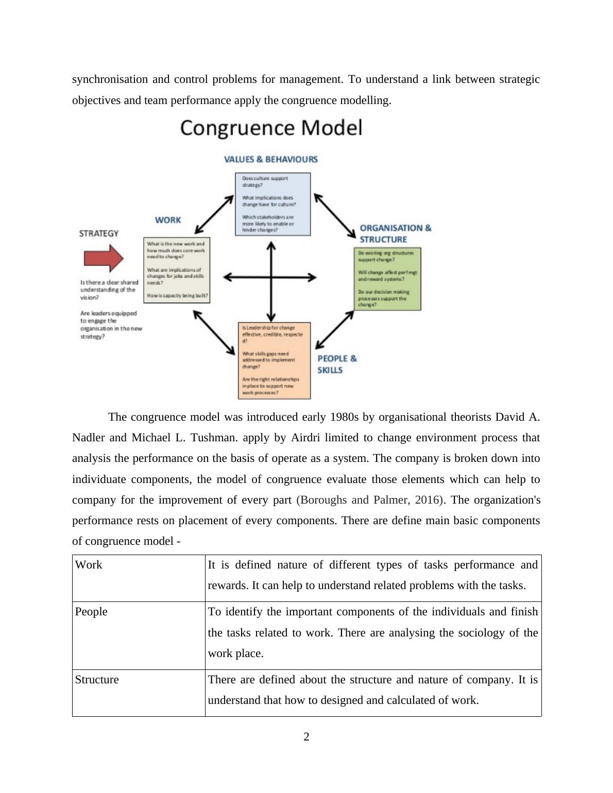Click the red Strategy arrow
click(103, 257)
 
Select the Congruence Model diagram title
click(271, 128)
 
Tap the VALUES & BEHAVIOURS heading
click(271, 159)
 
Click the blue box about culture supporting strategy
click(273, 204)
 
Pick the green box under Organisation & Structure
click(388, 279)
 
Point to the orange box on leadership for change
click(274, 360)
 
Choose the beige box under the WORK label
click(176, 270)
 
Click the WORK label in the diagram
click(168, 220)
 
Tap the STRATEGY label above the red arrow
click(99, 233)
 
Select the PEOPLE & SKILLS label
click(337, 364)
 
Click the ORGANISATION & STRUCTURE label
click(395, 233)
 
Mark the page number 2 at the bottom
click(306, 737)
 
